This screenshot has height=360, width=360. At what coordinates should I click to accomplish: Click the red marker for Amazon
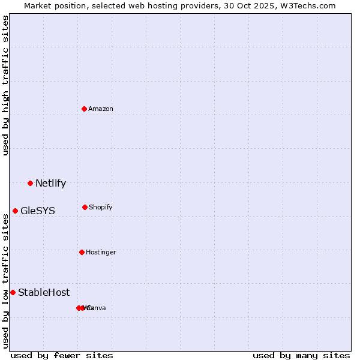click(x=85, y=109)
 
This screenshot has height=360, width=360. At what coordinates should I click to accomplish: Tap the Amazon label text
click(x=101, y=109)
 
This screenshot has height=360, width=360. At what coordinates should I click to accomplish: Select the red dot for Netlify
click(x=30, y=183)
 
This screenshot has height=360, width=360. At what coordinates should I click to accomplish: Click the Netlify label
click(x=50, y=184)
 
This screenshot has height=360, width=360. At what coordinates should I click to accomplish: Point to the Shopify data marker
click(x=85, y=207)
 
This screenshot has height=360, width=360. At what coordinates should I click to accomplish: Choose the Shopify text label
click(x=101, y=207)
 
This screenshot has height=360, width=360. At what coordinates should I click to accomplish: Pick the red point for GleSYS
click(x=15, y=211)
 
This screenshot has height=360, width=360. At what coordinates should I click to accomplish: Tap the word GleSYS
click(x=38, y=211)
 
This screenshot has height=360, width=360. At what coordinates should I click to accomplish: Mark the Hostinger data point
click(x=82, y=252)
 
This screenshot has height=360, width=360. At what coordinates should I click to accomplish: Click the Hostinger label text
click(x=101, y=252)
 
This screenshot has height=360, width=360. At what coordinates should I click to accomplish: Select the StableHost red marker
click(x=13, y=292)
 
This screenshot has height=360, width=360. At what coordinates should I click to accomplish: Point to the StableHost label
click(x=44, y=293)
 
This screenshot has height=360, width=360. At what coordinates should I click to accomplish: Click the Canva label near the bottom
click(x=97, y=308)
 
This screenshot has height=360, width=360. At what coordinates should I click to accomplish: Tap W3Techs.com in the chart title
click(x=309, y=5)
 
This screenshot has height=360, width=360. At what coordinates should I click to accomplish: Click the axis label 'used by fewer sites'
click(x=62, y=355)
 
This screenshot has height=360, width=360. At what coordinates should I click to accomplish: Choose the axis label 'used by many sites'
click(x=301, y=355)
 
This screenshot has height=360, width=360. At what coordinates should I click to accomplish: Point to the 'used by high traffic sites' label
click(x=5, y=85)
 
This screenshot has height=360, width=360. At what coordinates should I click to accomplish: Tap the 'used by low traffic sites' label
click(x=5, y=281)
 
